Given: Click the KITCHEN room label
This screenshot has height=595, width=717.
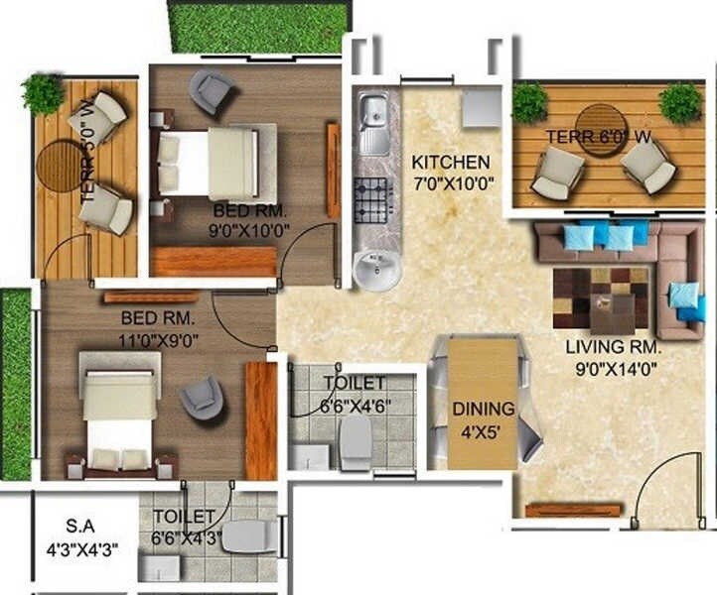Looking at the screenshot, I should [x=451, y=162].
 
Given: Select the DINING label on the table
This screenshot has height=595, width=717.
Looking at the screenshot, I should [x=483, y=408].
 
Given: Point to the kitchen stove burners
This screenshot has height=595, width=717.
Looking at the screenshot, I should [x=374, y=200].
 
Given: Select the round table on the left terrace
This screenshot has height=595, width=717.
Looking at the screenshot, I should [x=64, y=164].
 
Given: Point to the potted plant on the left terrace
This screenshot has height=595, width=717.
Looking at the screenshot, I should [x=43, y=93].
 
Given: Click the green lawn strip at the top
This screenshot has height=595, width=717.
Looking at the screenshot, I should [x=259, y=27].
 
